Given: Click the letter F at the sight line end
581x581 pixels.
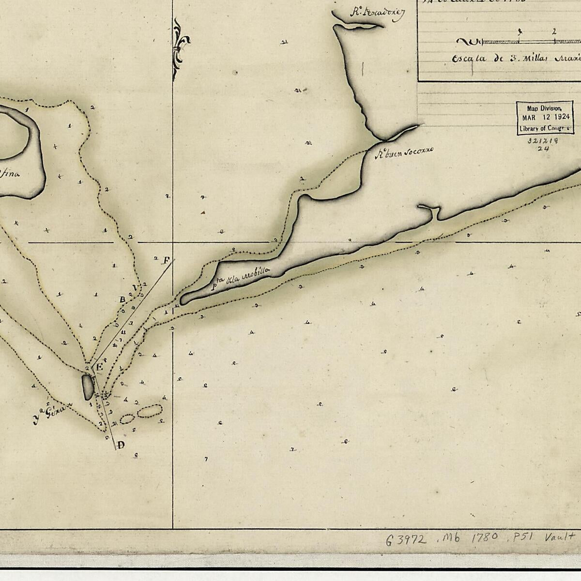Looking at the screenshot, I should pyautogui.click(x=167, y=260).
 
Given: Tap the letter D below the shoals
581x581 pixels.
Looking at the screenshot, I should pyautogui.click(x=121, y=445).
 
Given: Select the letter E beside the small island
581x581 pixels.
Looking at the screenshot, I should pyautogui.click(x=99, y=367).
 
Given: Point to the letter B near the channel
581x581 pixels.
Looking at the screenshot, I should pyautogui.click(x=122, y=300).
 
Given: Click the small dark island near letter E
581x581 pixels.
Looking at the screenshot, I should pyautogui.click(x=88, y=387).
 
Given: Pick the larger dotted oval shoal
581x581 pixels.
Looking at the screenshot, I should pyautogui.click(x=149, y=411).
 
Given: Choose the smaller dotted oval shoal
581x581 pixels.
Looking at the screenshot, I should pyautogui.click(x=127, y=419).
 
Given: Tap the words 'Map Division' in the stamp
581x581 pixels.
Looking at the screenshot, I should pyautogui.click(x=545, y=108).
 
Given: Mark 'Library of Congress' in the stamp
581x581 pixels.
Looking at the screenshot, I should pyautogui.click(x=545, y=129).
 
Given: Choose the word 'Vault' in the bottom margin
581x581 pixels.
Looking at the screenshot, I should pyautogui.click(x=560, y=536).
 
